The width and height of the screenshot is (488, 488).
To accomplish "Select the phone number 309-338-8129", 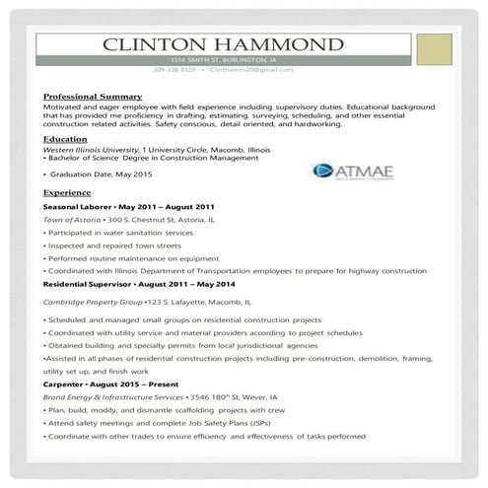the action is (174, 71).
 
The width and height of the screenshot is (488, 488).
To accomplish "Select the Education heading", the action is (65, 140).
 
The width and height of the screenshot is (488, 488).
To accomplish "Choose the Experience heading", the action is (68, 193).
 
